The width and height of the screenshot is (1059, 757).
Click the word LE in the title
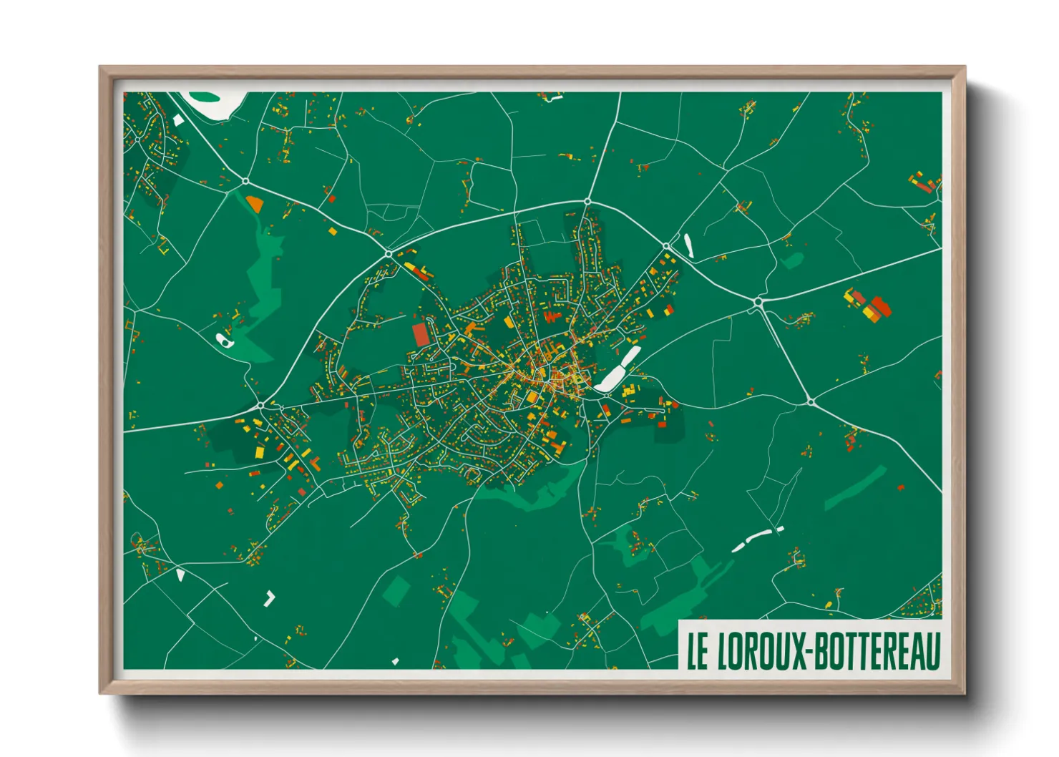698,650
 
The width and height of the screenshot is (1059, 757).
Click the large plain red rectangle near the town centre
420,334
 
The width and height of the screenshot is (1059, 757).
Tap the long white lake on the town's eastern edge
617,370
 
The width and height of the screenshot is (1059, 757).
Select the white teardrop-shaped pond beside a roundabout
689,245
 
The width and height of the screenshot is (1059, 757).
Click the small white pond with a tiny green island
225,340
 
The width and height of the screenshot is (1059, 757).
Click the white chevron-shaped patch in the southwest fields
270,598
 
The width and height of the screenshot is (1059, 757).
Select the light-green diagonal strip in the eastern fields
856,488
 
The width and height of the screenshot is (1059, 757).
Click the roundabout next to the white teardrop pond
667,246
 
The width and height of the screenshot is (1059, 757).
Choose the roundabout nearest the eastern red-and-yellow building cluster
758,303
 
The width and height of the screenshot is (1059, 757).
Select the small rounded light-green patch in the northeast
792,260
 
